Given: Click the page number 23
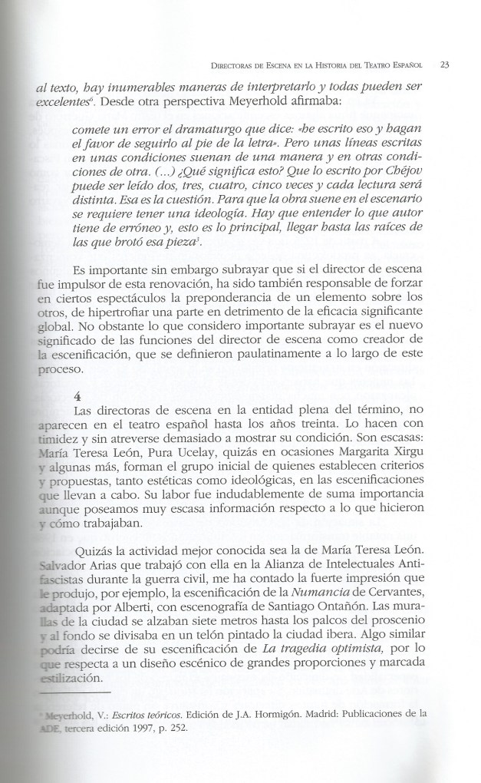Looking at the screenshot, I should (444, 65).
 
